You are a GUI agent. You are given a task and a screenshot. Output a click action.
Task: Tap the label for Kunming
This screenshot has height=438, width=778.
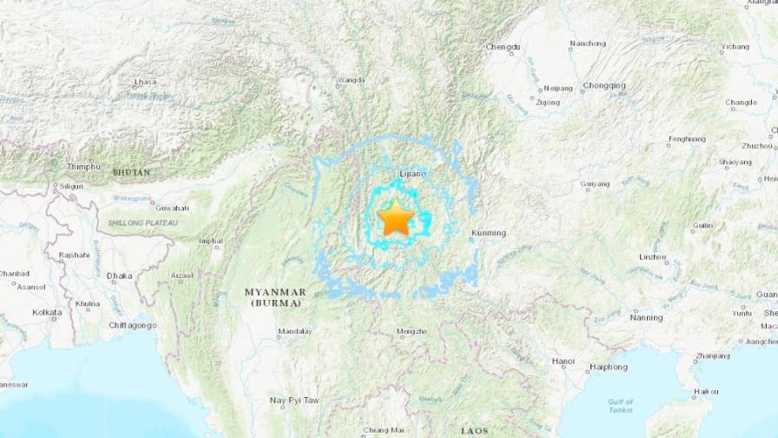point(487,232)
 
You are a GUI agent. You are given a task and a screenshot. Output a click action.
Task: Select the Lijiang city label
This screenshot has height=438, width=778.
point(412,174)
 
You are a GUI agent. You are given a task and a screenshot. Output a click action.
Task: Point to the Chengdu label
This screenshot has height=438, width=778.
point(503,46)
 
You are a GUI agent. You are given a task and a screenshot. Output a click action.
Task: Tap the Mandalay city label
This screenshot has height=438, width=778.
point(294,331)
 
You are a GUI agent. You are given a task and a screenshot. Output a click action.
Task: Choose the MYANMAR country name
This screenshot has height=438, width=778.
point(274,292)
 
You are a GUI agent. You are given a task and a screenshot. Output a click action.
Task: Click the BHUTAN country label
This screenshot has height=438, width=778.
point(131,172)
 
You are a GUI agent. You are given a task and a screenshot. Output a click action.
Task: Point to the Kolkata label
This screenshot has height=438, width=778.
point(47,312)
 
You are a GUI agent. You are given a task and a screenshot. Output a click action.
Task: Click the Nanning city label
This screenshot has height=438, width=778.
point(647,317)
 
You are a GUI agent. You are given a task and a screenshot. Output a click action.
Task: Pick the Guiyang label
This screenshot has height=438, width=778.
point(595,183)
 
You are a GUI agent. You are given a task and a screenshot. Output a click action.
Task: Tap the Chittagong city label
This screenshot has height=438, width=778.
point(133,325)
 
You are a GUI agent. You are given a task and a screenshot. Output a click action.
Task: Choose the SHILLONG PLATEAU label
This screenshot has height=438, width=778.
point(142,223)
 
